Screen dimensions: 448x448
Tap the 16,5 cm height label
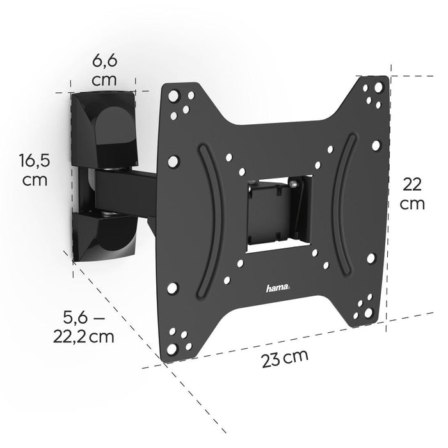click(35, 169)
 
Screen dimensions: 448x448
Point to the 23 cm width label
click(285, 359)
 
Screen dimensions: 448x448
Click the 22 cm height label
click(412, 193)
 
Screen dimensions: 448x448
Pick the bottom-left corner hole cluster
click(176, 336)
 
